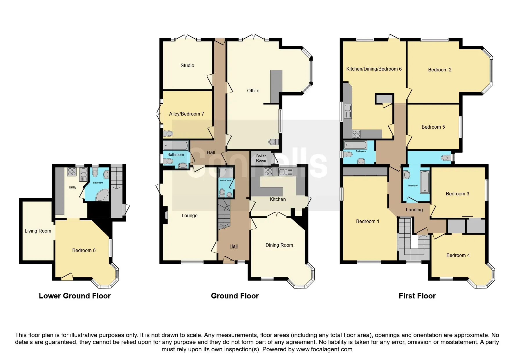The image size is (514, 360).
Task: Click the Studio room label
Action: (187, 65)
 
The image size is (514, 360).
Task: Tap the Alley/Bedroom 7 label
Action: (187, 114)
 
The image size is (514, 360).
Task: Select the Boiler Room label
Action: (261, 158)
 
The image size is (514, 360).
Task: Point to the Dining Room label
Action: (279, 245)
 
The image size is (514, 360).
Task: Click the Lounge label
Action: (190, 216)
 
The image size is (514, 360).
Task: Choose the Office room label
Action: (253, 91)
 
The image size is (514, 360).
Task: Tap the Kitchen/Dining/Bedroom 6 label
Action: (374, 69)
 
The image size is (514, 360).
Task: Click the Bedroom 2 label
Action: (440, 70)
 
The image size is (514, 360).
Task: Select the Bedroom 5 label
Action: (433, 127)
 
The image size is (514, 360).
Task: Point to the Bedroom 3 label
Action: (457, 194)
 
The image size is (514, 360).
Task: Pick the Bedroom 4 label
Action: (458, 255)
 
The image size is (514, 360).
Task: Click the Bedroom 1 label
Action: (367, 221)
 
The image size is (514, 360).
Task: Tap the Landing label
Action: (414, 210)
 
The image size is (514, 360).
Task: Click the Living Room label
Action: (38, 231)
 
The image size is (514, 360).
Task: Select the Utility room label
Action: (73, 188)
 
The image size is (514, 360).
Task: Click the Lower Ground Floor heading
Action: (75, 296)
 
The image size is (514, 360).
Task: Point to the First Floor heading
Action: (417, 296)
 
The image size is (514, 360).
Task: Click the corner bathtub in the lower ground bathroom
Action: (102, 195)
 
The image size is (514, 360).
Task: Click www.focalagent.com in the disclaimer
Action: (324, 349)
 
